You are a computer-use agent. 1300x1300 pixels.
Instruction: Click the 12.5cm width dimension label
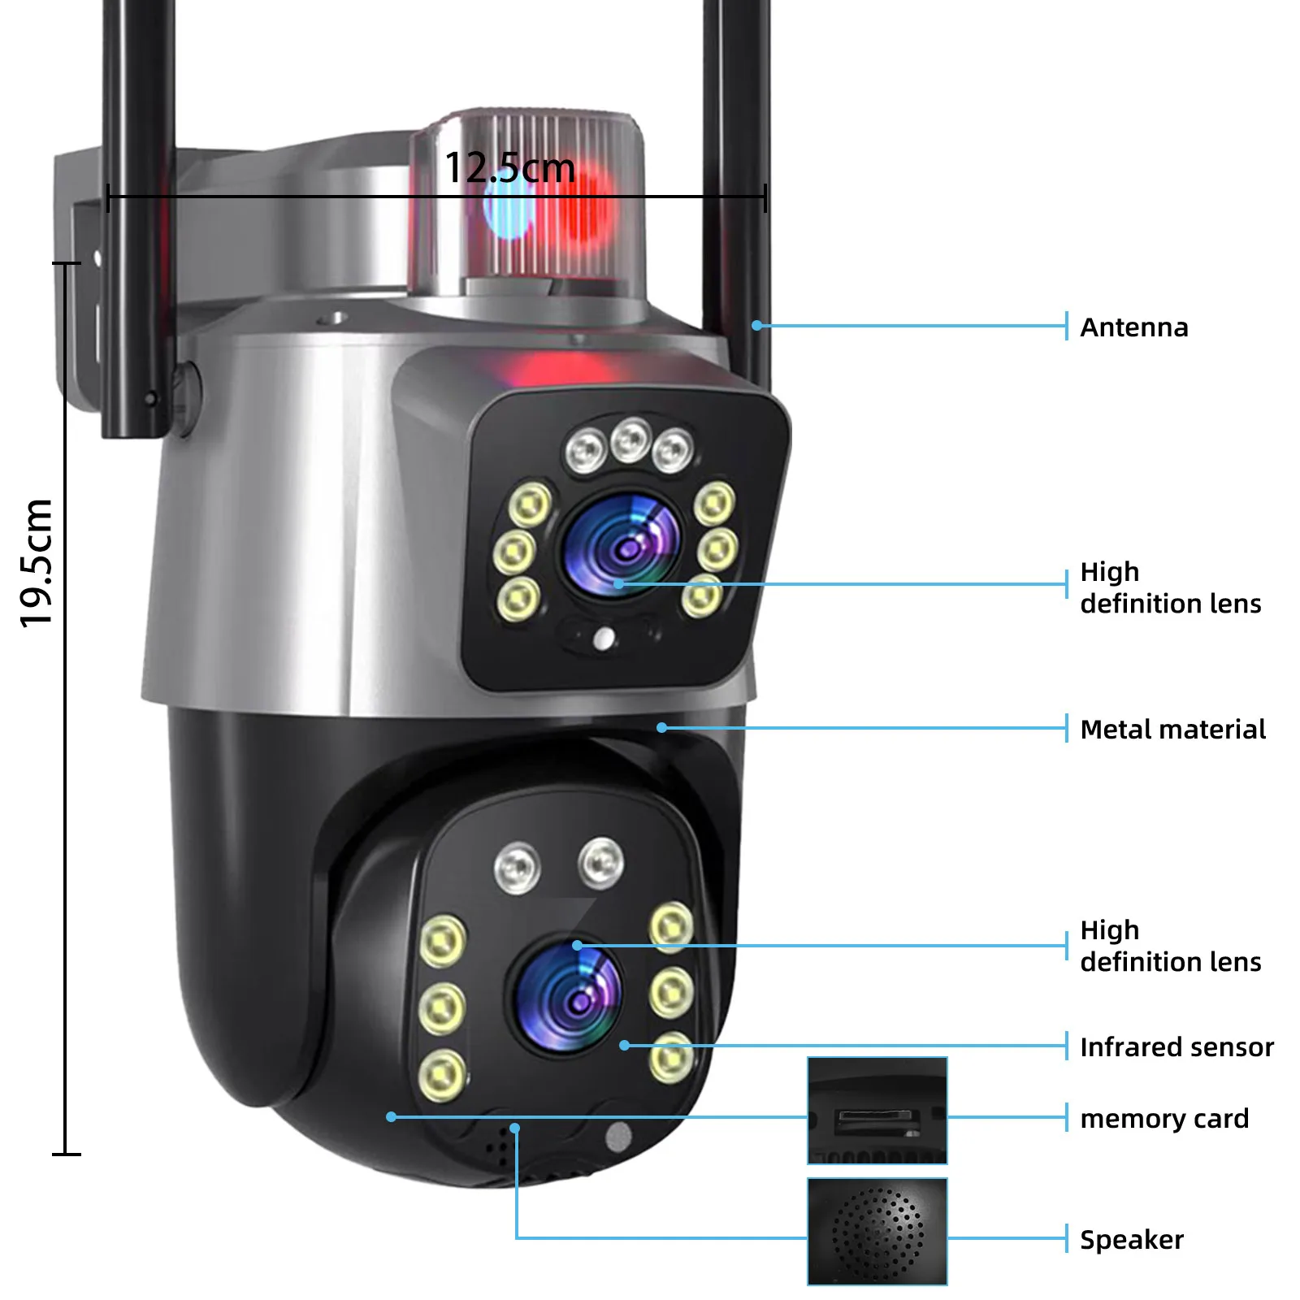(x=509, y=168)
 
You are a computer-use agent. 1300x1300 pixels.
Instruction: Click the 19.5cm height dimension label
(x=37, y=562)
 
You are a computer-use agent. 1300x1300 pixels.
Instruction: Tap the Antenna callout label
(x=1133, y=327)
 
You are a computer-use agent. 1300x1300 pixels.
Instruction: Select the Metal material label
(x=1172, y=730)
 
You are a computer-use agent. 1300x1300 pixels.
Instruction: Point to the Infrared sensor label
(x=1176, y=1047)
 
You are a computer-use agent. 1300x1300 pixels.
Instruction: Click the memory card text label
(x=1163, y=1119)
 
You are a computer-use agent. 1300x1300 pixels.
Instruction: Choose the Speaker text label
(x=1131, y=1240)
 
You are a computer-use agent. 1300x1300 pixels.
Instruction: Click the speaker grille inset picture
(x=877, y=1232)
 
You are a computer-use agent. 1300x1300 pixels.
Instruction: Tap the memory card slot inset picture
(x=877, y=1111)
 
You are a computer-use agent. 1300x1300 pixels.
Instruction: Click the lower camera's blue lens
(x=570, y=997)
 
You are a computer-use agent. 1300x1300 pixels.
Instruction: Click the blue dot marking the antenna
(x=756, y=326)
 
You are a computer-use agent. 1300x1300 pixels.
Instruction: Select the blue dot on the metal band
(x=662, y=728)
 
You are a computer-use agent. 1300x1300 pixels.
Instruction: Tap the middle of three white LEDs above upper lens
(x=630, y=441)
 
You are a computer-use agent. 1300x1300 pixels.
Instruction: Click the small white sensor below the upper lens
(x=604, y=639)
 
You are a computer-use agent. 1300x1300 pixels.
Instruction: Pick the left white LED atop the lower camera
(x=517, y=866)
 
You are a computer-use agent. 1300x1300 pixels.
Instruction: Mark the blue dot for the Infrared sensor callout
(x=624, y=1046)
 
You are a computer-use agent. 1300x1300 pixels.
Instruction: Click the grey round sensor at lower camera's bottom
(x=618, y=1137)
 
